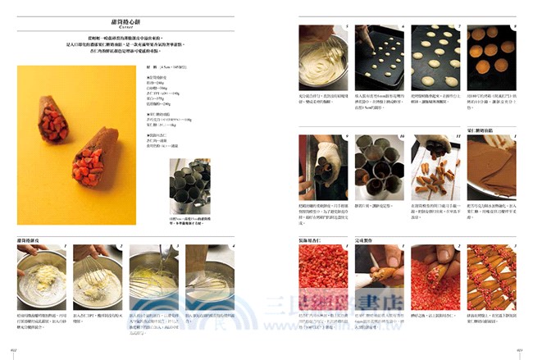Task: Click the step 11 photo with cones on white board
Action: click(x=435, y=161)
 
